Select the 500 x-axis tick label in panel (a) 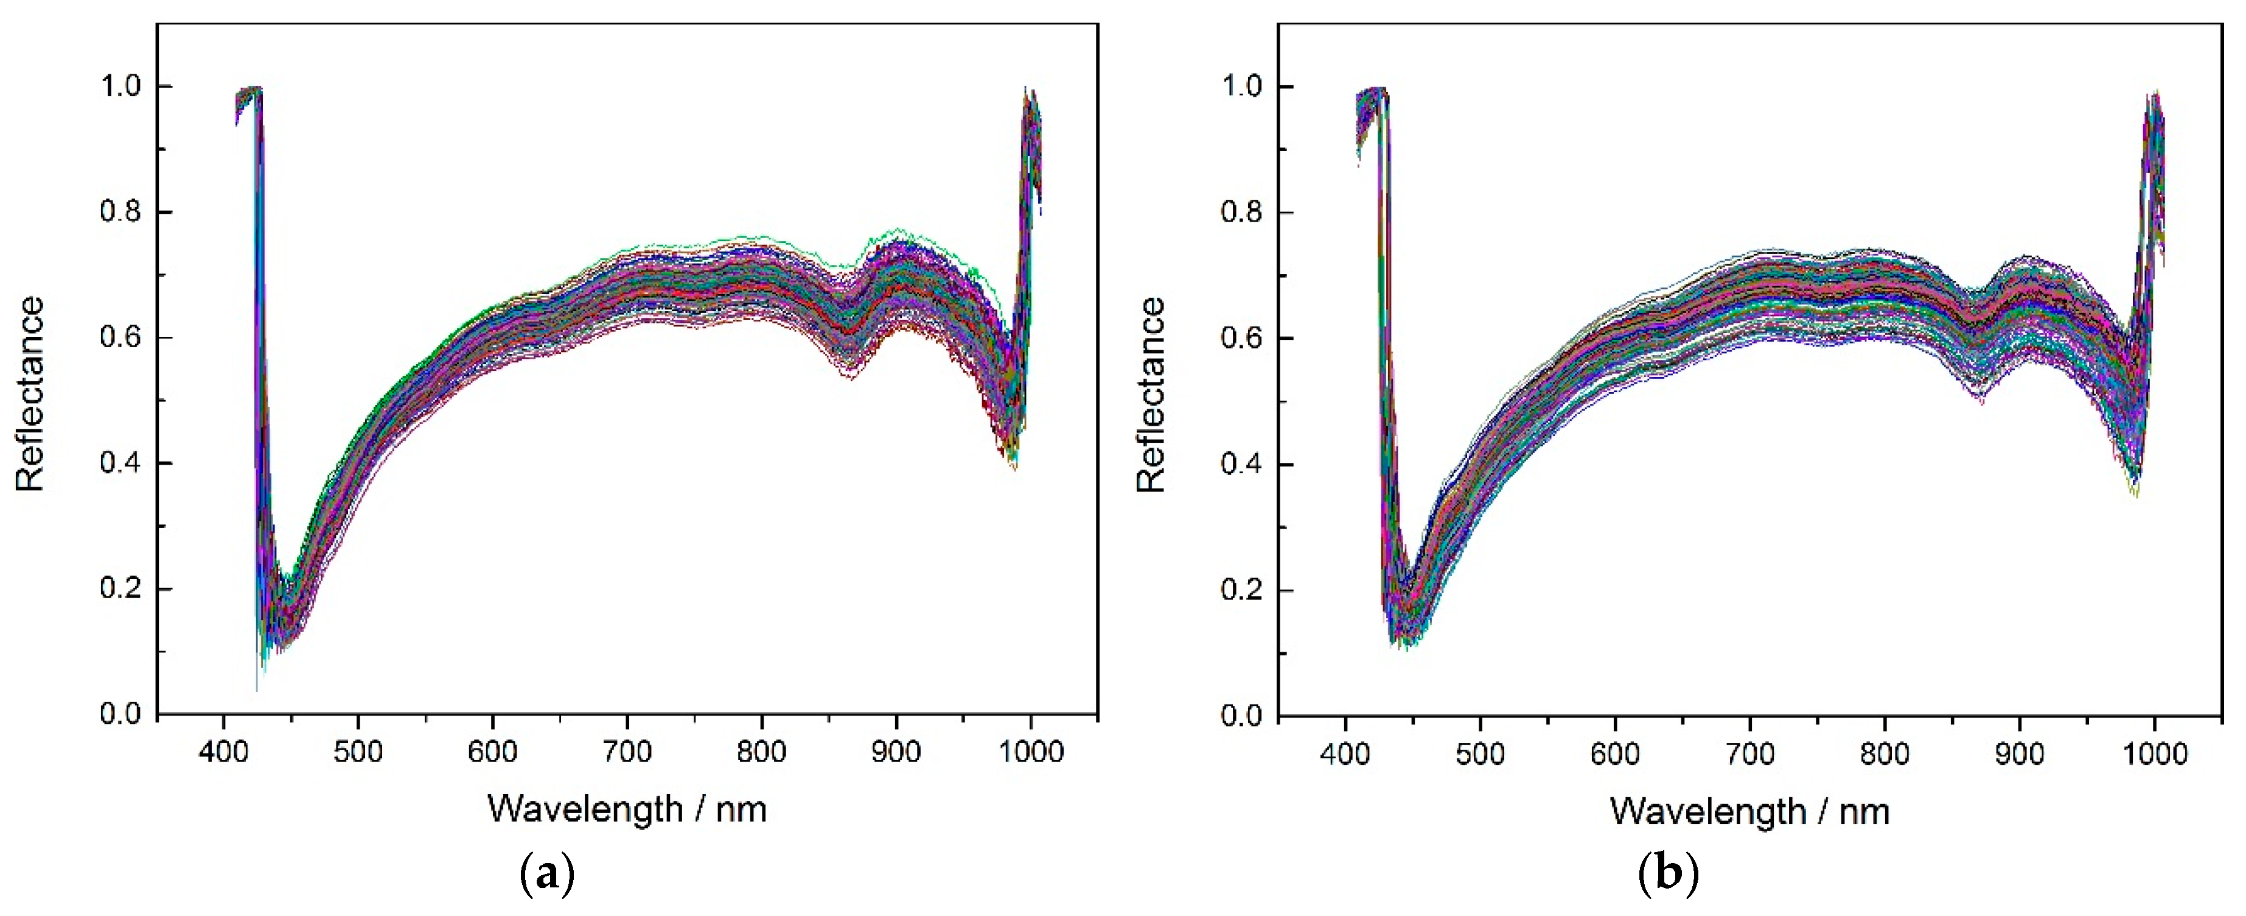point(357,751)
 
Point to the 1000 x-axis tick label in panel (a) point(1031,751)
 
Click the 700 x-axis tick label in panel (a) point(627,751)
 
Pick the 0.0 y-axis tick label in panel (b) point(1241,716)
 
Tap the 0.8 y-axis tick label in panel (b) point(1241,213)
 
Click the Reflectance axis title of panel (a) point(30,394)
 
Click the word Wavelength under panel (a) point(585,809)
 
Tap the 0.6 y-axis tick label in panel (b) point(1241,339)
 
